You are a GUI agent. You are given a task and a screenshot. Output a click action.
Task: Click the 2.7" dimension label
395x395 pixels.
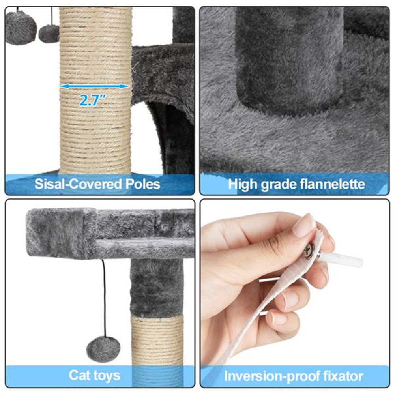click(x=91, y=100)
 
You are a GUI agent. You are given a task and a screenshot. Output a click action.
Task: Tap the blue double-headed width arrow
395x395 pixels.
click(x=95, y=86)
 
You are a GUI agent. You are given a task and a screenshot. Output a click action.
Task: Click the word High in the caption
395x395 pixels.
click(x=243, y=185)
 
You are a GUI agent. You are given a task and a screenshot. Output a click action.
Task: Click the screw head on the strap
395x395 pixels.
click(x=309, y=250)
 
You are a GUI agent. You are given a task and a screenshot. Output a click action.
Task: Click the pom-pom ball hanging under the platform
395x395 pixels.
click(x=103, y=349)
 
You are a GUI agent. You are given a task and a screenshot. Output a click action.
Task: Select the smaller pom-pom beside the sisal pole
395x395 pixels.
click(x=49, y=34)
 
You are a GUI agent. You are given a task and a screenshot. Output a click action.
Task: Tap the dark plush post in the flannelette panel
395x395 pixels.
click(x=290, y=59)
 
